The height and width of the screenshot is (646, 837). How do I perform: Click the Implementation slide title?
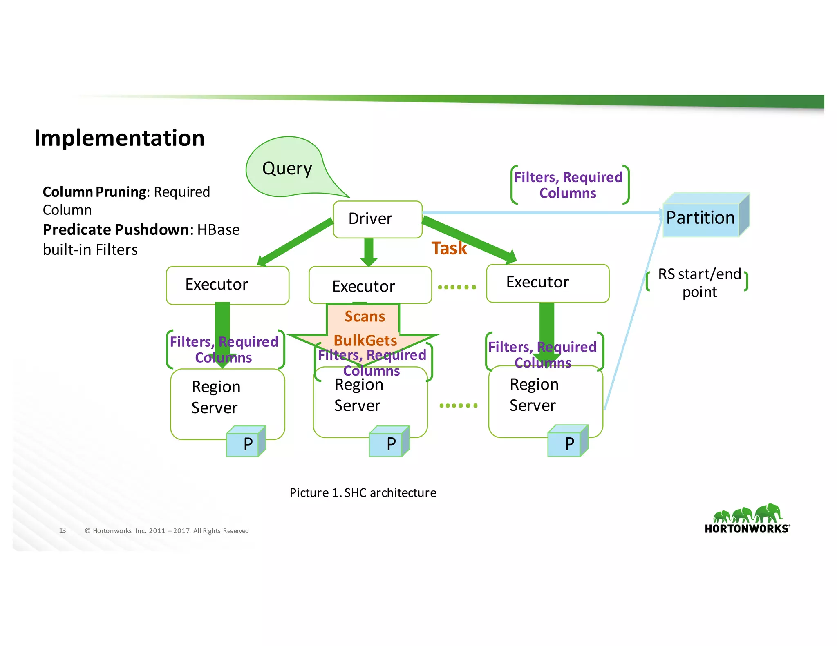click(119, 138)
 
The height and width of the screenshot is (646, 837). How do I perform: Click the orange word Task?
click(449, 248)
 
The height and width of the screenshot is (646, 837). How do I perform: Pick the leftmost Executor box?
click(227, 285)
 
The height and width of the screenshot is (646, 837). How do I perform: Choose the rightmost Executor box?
click(547, 283)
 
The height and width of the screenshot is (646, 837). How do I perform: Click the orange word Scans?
click(365, 316)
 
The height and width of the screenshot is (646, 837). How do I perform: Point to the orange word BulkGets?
click(365, 340)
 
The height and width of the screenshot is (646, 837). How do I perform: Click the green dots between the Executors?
click(457, 287)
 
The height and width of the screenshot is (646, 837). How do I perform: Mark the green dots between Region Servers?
click(458, 405)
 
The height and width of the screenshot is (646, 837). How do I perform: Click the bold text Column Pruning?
click(94, 192)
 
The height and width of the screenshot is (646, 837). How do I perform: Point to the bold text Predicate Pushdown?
click(116, 230)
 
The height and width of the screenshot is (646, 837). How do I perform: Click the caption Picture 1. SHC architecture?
click(363, 493)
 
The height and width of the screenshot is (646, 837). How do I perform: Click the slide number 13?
click(63, 531)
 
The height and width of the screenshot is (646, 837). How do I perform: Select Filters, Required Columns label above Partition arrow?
click(568, 185)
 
